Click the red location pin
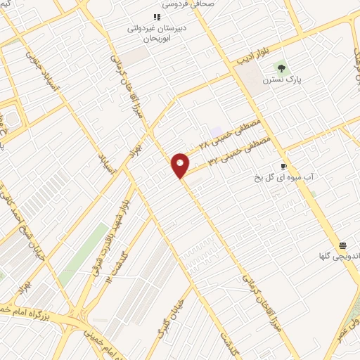coord(181,165)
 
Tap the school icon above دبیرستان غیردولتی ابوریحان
coord(157,17)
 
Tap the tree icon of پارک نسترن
coord(282,68)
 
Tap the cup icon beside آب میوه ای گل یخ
coord(283,167)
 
